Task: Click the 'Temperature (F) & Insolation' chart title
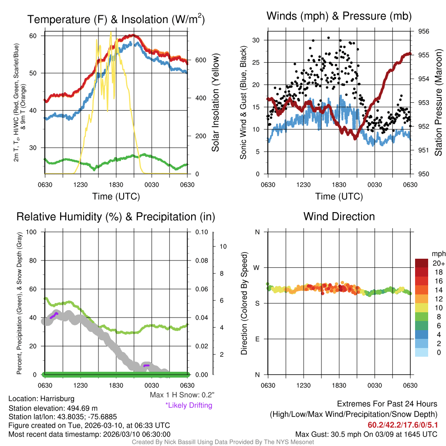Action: click(x=116, y=20)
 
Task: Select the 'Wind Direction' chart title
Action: click(x=339, y=216)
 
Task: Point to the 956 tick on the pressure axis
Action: click(x=424, y=31)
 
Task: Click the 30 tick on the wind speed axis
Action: click(x=256, y=40)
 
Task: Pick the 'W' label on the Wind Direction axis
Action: click(x=257, y=267)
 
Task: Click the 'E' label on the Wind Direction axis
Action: click(x=257, y=339)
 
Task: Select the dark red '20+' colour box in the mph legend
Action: click(x=421, y=263)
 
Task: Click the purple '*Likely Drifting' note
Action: click(x=189, y=405)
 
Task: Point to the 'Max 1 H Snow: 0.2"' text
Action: click(x=182, y=395)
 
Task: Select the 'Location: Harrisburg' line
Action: click(x=41, y=399)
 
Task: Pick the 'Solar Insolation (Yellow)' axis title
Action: click(x=216, y=102)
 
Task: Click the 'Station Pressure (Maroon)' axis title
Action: click(x=439, y=102)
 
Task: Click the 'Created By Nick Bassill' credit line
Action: click(x=223, y=442)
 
